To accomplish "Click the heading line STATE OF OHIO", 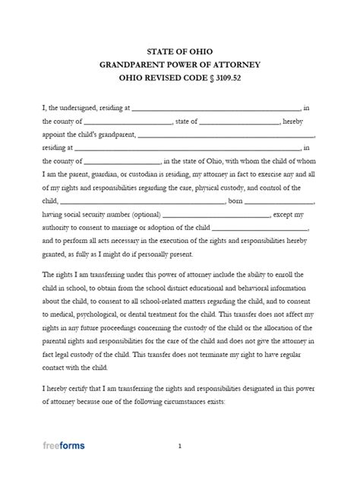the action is point(179,51).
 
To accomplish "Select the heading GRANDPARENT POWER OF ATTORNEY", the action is point(179,66).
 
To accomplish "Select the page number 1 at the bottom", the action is point(180,447).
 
